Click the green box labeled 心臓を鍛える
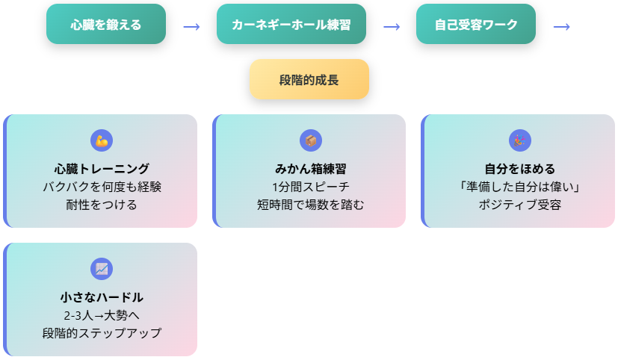[106, 24]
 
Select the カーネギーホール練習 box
[291, 24]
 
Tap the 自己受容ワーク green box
[476, 24]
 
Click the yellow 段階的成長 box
[309, 79]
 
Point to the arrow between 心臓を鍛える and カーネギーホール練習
[191, 27]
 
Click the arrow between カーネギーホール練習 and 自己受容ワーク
[392, 27]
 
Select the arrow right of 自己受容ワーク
[562, 27]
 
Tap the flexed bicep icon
[102, 140]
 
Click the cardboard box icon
[311, 140]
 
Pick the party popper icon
[520, 140]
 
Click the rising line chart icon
[102, 269]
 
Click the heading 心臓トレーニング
[102, 169]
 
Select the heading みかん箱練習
[311, 169]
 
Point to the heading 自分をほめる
[520, 169]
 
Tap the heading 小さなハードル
[102, 297]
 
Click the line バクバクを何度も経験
[102, 187]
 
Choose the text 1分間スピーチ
[311, 187]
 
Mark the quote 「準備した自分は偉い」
[520, 187]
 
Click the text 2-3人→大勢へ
[102, 315]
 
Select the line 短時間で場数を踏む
[311, 205]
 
